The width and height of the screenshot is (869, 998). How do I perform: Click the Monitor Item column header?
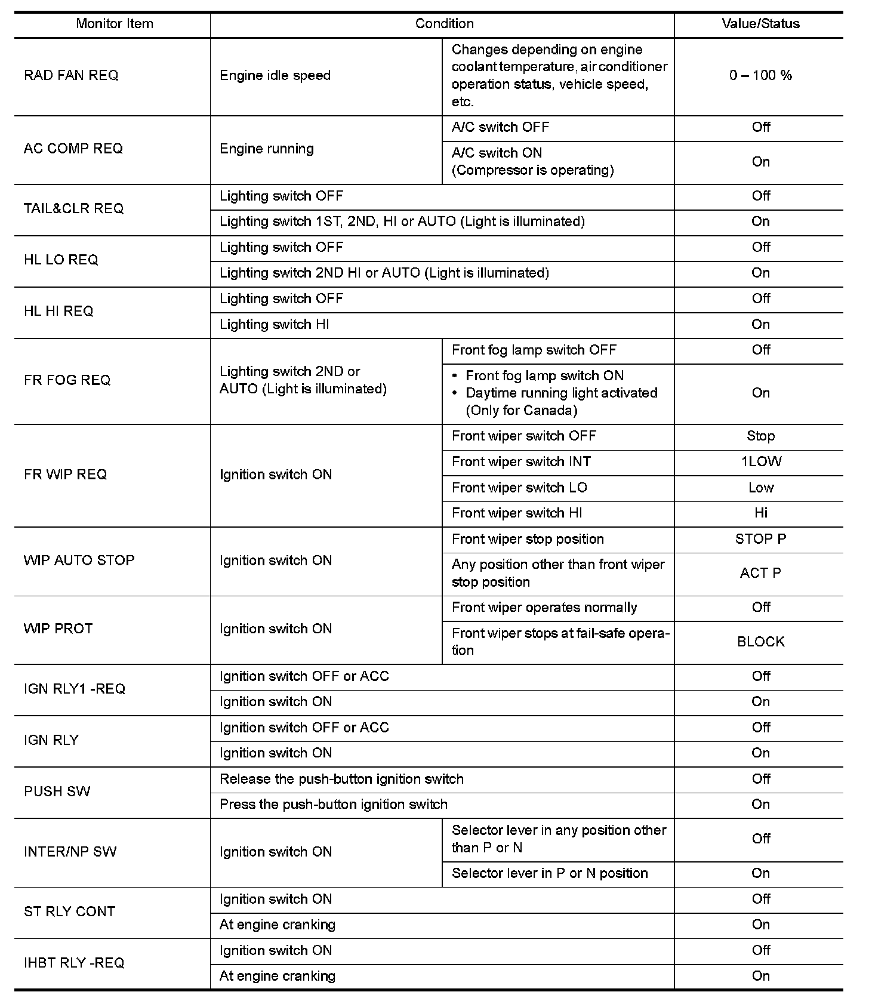115,24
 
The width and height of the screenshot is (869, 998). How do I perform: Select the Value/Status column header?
760,24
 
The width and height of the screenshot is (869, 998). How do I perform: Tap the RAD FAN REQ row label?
71,76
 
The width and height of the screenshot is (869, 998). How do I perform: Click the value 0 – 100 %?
760,76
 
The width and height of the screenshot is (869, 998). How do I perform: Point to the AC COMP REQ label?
73,149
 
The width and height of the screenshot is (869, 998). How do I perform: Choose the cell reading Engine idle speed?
275,76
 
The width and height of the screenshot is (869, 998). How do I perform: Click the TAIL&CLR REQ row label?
74,208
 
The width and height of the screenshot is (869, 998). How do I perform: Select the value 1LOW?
761,462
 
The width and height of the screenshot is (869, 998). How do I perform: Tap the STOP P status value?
760,539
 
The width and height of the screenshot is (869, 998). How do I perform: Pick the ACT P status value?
760,573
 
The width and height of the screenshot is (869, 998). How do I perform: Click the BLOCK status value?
761,642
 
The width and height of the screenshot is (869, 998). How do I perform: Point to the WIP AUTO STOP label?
79,560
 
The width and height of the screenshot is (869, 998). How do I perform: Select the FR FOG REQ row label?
67,380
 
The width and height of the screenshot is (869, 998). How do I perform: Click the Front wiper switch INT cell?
521,462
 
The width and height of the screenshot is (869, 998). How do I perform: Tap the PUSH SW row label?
57,791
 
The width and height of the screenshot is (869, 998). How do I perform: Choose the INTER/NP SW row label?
70,852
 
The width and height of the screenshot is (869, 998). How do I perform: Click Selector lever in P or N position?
550,874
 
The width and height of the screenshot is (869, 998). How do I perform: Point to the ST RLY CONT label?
69,911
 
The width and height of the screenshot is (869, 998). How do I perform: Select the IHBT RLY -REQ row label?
74,963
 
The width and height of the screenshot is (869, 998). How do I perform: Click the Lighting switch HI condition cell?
275,325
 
